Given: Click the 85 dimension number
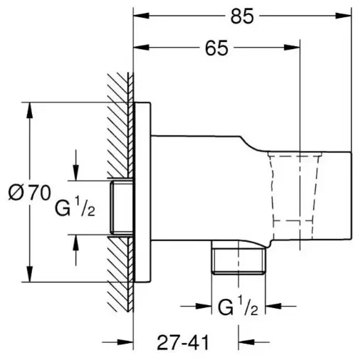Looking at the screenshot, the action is pos(242,16).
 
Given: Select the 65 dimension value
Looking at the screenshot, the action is pos(216,48).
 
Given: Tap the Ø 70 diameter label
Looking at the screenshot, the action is pos(29,192).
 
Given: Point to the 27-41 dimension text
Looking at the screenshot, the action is pos(183,342).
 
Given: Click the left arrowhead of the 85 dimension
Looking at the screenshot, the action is pos(141,16).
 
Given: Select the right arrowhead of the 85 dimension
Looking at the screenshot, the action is pos(343,16).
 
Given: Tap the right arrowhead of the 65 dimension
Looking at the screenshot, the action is pos(292,48).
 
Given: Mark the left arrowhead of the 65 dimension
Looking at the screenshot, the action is pos(141,48).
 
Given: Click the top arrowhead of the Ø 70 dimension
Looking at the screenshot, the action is pos(30,110).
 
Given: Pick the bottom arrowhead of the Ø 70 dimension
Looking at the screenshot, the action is pos(30,274).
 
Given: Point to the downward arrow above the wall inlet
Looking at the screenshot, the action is pos(76,165).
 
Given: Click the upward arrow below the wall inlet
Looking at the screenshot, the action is pos(76,250).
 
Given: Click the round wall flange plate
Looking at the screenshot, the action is pos(142,192).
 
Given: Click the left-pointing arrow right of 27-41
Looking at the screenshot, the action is pos(253,342).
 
